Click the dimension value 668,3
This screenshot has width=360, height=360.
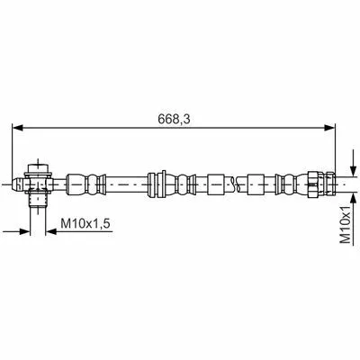pyautogui.click(x=174, y=120)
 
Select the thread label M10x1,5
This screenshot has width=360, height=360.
pyautogui.click(x=85, y=223)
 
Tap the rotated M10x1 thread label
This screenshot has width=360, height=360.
pyautogui.click(x=346, y=224)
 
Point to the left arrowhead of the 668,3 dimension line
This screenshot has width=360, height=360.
pyautogui.click(x=18, y=128)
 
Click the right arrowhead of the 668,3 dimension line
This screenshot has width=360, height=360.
pyautogui.click(x=329, y=128)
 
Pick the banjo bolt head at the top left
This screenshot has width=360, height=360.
pyautogui.click(x=39, y=169)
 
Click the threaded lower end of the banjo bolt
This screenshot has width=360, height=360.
pyautogui.click(x=38, y=200)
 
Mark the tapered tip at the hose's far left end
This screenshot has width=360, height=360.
pyautogui.click(x=16, y=184)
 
